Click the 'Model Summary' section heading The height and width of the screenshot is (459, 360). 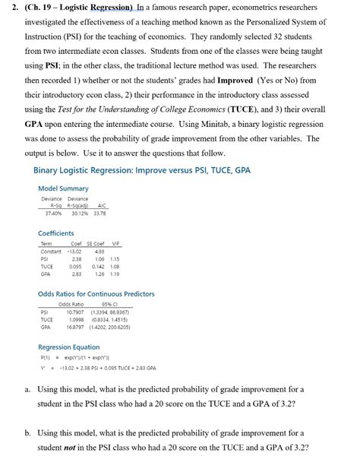[x=62, y=188]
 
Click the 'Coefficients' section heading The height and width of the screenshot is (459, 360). [x=55, y=233]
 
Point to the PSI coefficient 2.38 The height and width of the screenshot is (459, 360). [x=77, y=258]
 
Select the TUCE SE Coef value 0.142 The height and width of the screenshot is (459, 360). [x=97, y=267]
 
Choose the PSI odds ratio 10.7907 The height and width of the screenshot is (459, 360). [x=74, y=312]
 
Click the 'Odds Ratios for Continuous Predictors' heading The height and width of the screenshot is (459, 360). [x=96, y=293]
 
